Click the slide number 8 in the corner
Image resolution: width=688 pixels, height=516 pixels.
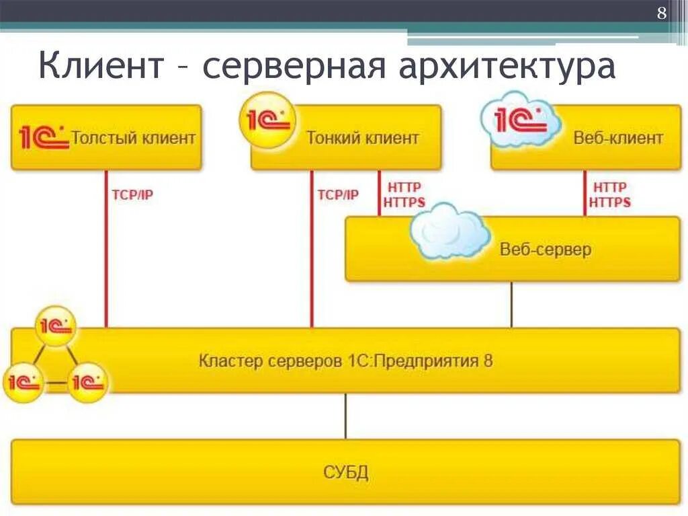(661, 13)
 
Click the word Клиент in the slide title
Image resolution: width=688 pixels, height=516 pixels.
(101, 68)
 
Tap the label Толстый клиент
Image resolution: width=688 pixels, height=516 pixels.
(133, 139)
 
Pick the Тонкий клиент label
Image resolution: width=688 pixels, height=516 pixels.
(362, 139)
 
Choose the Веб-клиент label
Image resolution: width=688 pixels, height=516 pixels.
(617, 139)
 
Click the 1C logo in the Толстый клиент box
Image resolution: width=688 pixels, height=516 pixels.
(42, 137)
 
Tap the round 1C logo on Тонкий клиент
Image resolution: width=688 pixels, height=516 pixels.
(268, 120)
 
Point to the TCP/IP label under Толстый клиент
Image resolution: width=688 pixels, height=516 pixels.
(132, 195)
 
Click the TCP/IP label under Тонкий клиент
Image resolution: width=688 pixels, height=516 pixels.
(338, 195)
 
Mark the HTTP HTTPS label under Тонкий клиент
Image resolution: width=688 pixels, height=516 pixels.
(403, 194)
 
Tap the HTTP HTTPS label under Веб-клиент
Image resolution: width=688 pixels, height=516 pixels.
(609, 194)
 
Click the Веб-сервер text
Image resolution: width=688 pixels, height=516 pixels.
(546, 250)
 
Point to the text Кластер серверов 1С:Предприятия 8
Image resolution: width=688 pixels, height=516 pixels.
(345, 361)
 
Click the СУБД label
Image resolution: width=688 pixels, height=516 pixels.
(345, 472)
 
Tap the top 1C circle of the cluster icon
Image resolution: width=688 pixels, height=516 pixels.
(56, 326)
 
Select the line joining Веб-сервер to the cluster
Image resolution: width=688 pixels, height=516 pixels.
(511, 304)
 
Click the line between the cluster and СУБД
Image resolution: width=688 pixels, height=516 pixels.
(345, 416)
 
